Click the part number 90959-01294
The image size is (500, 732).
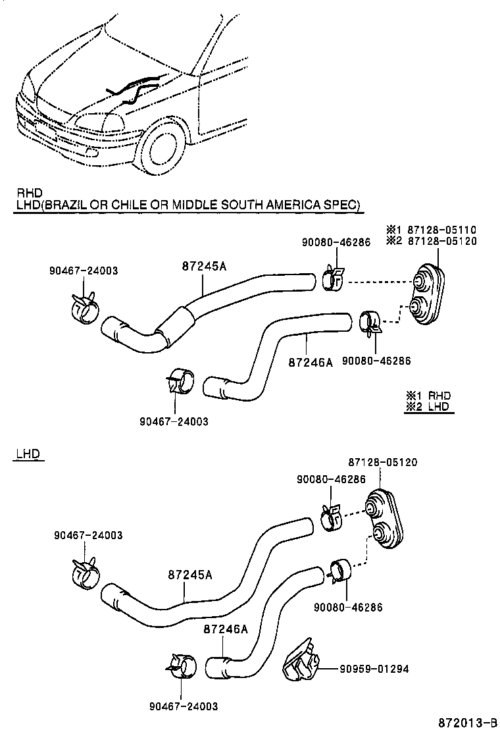pos(374,669)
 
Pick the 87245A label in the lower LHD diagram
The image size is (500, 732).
pos(189,575)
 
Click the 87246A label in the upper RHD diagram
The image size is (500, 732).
pos(311,361)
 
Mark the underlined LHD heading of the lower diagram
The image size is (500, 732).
pos(26,454)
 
